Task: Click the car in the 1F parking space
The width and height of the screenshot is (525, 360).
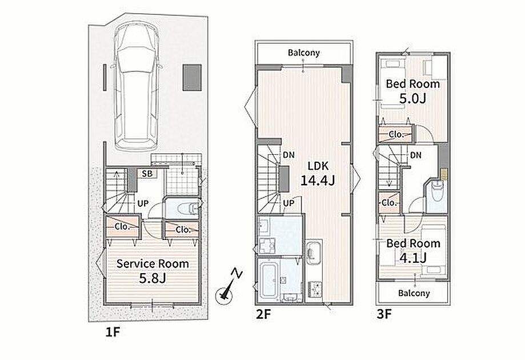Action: [x=137, y=88]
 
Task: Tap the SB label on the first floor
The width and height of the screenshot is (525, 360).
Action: [x=147, y=174]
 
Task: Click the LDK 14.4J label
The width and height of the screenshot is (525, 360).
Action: [x=318, y=173]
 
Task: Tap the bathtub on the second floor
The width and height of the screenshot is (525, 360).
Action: [x=268, y=279]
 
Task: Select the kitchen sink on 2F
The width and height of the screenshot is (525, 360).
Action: [x=314, y=252]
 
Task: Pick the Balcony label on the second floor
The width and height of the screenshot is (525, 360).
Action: [x=304, y=53]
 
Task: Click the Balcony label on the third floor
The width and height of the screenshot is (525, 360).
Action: [x=414, y=293]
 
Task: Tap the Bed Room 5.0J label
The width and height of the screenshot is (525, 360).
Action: [x=413, y=91]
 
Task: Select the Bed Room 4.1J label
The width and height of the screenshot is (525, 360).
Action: [x=413, y=250]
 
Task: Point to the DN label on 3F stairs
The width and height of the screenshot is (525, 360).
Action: [x=415, y=155]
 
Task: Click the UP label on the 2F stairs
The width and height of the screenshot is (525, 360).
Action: [x=289, y=203]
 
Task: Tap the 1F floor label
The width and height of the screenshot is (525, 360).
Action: [x=113, y=332]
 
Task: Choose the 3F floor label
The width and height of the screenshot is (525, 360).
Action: [x=384, y=314]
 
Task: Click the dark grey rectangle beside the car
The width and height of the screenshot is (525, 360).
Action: [x=192, y=77]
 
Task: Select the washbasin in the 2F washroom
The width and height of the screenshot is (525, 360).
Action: [x=264, y=225]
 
